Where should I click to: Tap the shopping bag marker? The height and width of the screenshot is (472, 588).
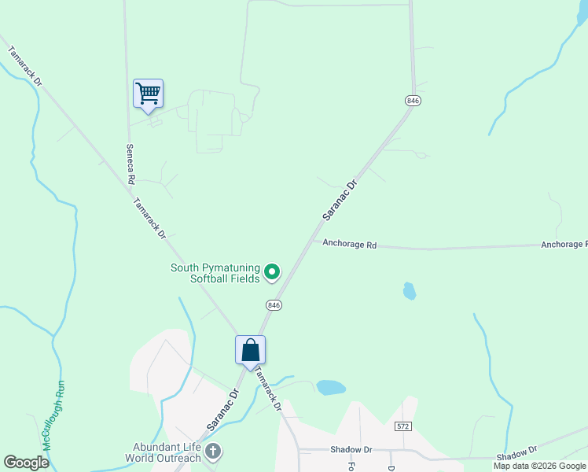click(x=250, y=350)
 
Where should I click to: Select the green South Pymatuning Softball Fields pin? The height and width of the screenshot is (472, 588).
click(x=272, y=273)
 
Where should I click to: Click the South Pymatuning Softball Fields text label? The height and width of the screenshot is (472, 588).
click(x=215, y=273)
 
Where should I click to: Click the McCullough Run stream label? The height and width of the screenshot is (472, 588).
click(x=52, y=415)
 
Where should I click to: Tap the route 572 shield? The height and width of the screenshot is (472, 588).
click(x=403, y=426)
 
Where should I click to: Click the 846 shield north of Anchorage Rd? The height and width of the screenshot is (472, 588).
click(x=413, y=101)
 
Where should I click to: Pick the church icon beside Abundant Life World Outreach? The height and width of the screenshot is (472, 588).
click(x=212, y=452)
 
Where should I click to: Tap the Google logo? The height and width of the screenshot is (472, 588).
click(x=27, y=463)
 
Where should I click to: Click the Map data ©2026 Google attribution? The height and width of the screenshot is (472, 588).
click(x=539, y=466)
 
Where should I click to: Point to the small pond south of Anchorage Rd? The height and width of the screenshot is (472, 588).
click(x=409, y=291)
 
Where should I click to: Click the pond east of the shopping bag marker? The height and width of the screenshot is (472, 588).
click(x=331, y=387)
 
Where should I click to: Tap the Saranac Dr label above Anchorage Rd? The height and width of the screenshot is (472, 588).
click(x=340, y=199)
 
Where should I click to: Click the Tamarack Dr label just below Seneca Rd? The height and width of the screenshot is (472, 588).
click(x=149, y=217)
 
